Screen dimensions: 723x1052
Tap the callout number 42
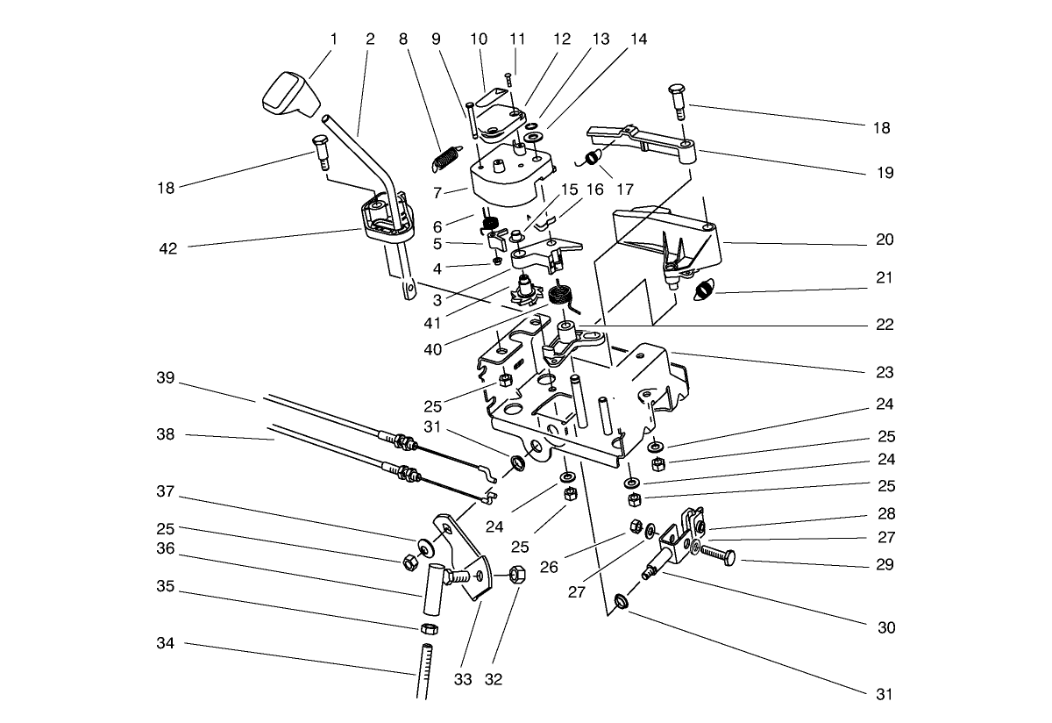coord(167,248)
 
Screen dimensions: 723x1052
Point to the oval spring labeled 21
coord(706,288)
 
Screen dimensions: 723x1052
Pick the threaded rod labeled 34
coord(423,671)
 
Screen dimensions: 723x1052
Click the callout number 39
coord(167,378)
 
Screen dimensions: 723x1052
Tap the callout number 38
coord(167,436)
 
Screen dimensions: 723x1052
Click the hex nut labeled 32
coord(516,576)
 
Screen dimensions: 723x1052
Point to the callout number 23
coord(884,372)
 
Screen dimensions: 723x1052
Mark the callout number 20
coord(884,240)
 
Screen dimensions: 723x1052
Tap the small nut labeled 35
coord(430,629)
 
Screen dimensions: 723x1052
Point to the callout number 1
coord(333,39)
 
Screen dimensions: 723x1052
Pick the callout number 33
coord(463,679)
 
